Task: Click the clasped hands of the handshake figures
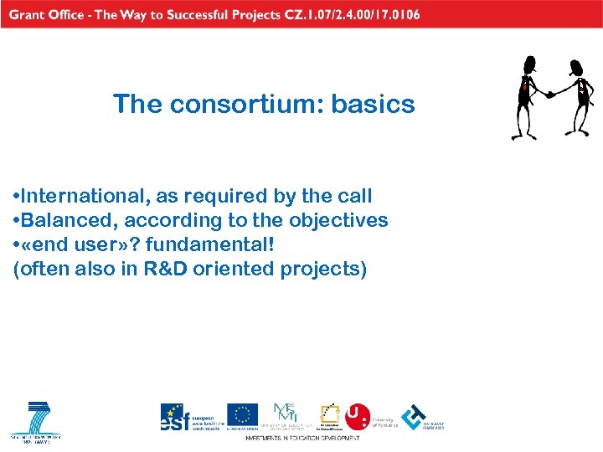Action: point(549,94)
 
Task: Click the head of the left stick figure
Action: point(528,64)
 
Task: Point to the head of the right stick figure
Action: point(576,67)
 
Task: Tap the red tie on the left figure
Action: point(525,86)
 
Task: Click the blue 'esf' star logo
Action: point(174,416)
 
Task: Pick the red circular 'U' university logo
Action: point(357,415)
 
